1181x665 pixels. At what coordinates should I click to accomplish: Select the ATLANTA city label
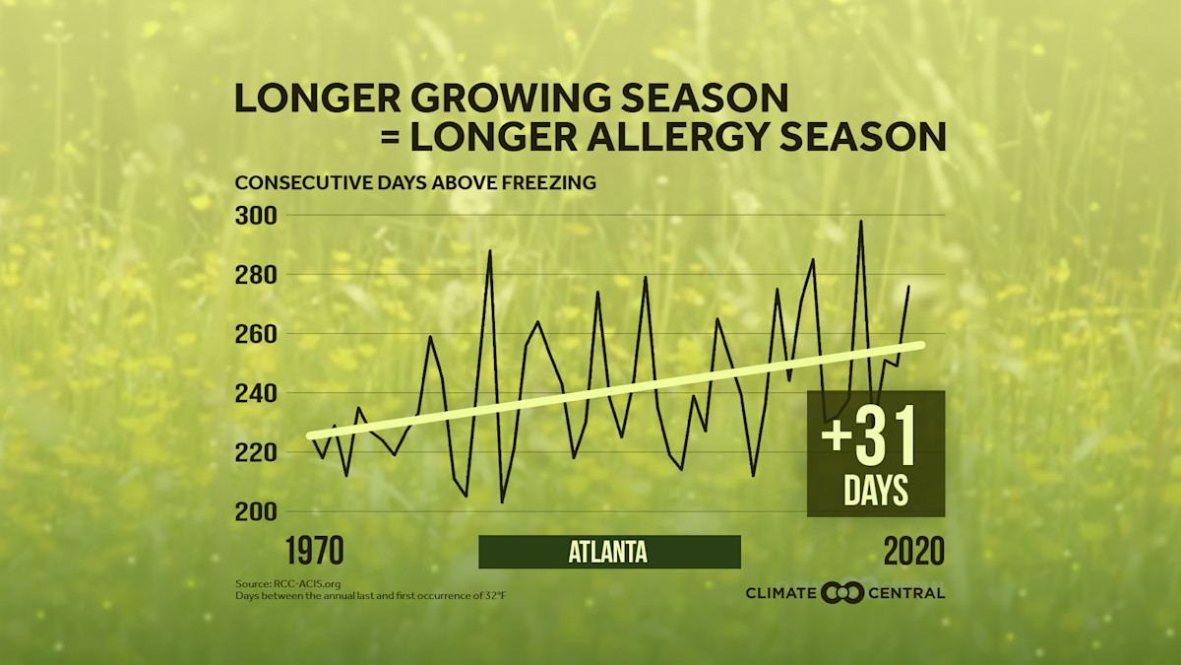(x=608, y=552)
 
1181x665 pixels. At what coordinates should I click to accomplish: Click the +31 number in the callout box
(x=867, y=440)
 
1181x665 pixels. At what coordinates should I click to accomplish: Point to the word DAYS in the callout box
(x=875, y=492)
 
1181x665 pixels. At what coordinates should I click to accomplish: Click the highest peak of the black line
(x=861, y=222)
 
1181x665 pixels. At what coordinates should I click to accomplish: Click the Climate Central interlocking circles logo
(x=841, y=592)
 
